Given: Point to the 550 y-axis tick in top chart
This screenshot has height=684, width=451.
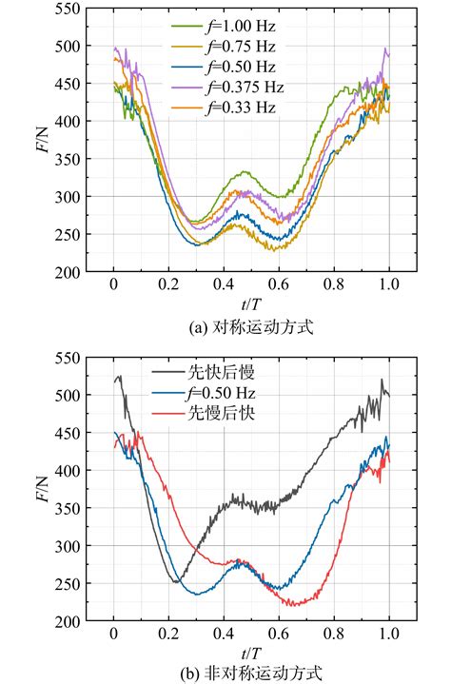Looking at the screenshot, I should point(69,9).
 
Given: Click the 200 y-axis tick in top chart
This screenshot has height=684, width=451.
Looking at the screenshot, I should point(69,273).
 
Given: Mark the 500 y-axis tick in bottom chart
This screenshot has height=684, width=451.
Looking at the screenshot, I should point(69,395).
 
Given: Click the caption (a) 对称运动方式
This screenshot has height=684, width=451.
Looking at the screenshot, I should point(251,325).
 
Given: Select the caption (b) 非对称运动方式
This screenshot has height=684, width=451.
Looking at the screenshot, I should point(251,674).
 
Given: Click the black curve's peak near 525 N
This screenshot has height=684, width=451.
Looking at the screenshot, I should point(119,377).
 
